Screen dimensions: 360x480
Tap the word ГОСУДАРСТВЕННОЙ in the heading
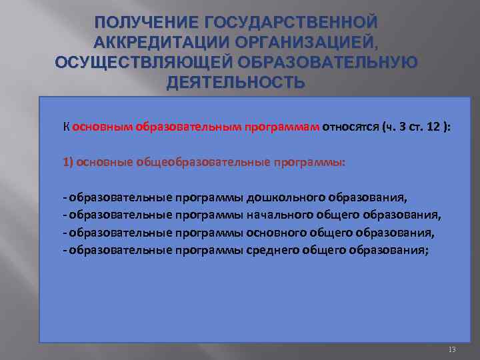coord(285,23)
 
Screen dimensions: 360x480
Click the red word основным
coord(103,128)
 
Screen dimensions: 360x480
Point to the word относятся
coord(350,128)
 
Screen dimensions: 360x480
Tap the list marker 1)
coord(69,163)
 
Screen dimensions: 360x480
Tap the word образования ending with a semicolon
coord(393,250)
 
